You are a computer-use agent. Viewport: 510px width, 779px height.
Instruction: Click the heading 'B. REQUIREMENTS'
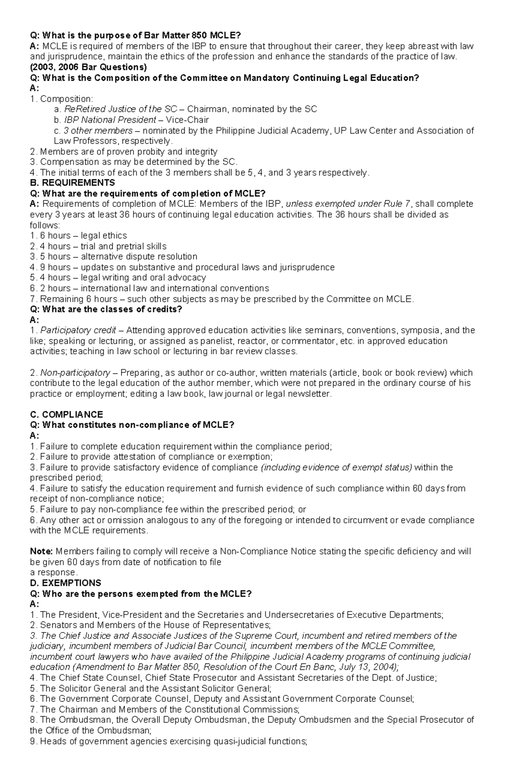72,183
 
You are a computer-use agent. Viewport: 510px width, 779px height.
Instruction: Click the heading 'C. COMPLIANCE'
67,415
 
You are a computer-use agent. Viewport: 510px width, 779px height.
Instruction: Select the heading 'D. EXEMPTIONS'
65,583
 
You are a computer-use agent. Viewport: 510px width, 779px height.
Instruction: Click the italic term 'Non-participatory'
75,373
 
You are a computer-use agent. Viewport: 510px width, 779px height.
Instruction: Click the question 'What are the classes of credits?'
112,309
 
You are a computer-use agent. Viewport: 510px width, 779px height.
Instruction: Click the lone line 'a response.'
54,572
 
